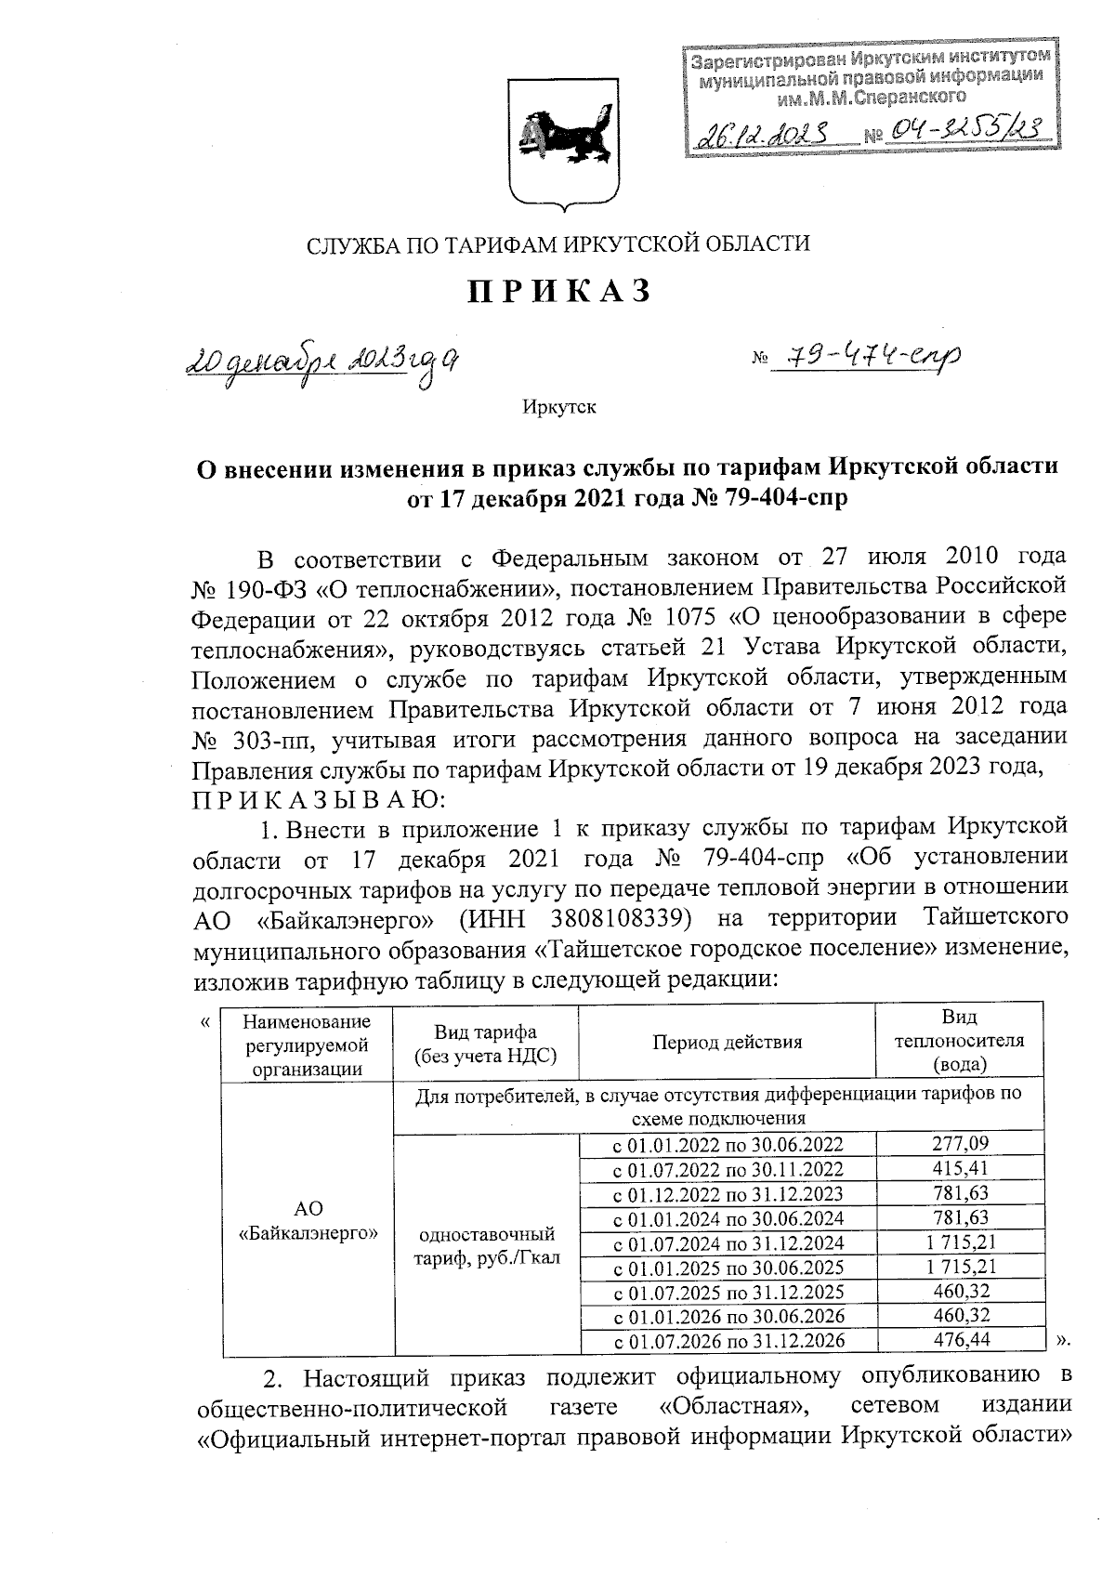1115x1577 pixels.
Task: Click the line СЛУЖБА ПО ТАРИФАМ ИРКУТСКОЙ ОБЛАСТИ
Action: click(558, 244)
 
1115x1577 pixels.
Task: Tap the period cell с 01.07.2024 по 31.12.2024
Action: click(728, 1242)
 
